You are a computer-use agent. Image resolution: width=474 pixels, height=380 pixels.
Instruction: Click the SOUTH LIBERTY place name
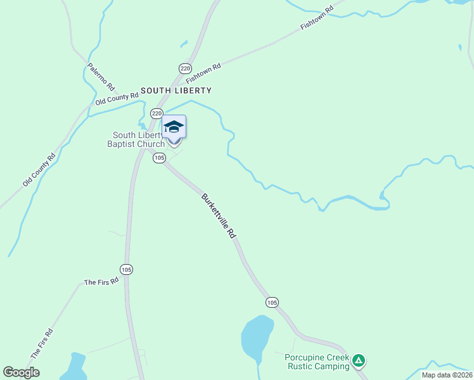coord(176,91)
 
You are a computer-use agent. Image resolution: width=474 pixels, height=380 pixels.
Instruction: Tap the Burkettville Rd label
coord(219,216)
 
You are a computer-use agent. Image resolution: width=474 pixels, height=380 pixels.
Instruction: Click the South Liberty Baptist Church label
coord(138,139)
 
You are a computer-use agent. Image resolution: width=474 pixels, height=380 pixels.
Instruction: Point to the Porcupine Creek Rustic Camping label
coord(317,362)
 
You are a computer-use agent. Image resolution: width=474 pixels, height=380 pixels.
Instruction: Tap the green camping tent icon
coord(359,361)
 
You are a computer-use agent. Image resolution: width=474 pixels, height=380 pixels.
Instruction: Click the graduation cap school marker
coord(174,128)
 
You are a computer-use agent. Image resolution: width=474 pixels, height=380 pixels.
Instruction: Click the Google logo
coord(21,372)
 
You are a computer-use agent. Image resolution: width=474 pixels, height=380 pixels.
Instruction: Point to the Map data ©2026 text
coord(447,375)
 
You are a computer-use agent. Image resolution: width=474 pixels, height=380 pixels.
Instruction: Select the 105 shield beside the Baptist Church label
coord(159,158)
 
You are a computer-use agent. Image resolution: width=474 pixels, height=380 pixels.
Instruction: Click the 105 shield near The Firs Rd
coord(127,269)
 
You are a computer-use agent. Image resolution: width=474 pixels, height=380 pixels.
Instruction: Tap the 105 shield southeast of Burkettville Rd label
coord(272,302)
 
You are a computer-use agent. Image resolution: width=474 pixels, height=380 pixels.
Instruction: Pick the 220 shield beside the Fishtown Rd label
coord(184,68)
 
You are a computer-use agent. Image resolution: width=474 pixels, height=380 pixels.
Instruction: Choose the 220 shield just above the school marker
coord(157,113)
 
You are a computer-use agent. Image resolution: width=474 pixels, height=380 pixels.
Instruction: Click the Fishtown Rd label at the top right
coord(316,20)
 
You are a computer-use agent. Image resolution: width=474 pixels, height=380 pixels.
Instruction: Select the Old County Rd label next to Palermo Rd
coord(117,99)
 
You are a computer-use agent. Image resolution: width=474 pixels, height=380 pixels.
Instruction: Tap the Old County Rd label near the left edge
coord(39,169)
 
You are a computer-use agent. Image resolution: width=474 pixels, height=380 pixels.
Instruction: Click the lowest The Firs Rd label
coord(42,345)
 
